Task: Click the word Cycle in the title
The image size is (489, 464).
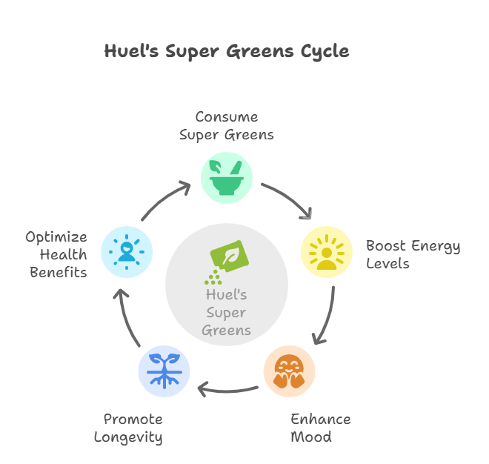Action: click(x=325, y=51)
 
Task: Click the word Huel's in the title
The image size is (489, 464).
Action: click(x=131, y=50)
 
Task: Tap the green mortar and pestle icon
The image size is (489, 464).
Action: click(x=227, y=178)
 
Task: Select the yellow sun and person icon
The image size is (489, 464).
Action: click(x=327, y=252)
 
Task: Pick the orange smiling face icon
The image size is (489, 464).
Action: click(x=289, y=371)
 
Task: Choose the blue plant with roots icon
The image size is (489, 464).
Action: click(x=164, y=371)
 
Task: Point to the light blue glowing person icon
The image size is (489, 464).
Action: click(x=127, y=252)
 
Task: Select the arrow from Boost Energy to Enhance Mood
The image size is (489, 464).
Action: click(x=328, y=316)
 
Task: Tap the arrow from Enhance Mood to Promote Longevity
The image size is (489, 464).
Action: click(x=227, y=391)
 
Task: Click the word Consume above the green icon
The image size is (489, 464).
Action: click(x=227, y=117)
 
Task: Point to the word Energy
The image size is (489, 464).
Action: click(x=436, y=246)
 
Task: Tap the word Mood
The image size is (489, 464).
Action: click(x=311, y=437)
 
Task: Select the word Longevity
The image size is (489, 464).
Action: click(x=128, y=437)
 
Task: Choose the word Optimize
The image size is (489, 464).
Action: click(x=56, y=237)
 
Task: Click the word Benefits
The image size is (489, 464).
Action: click(x=59, y=273)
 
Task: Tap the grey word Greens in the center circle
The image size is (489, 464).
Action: click(x=227, y=331)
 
